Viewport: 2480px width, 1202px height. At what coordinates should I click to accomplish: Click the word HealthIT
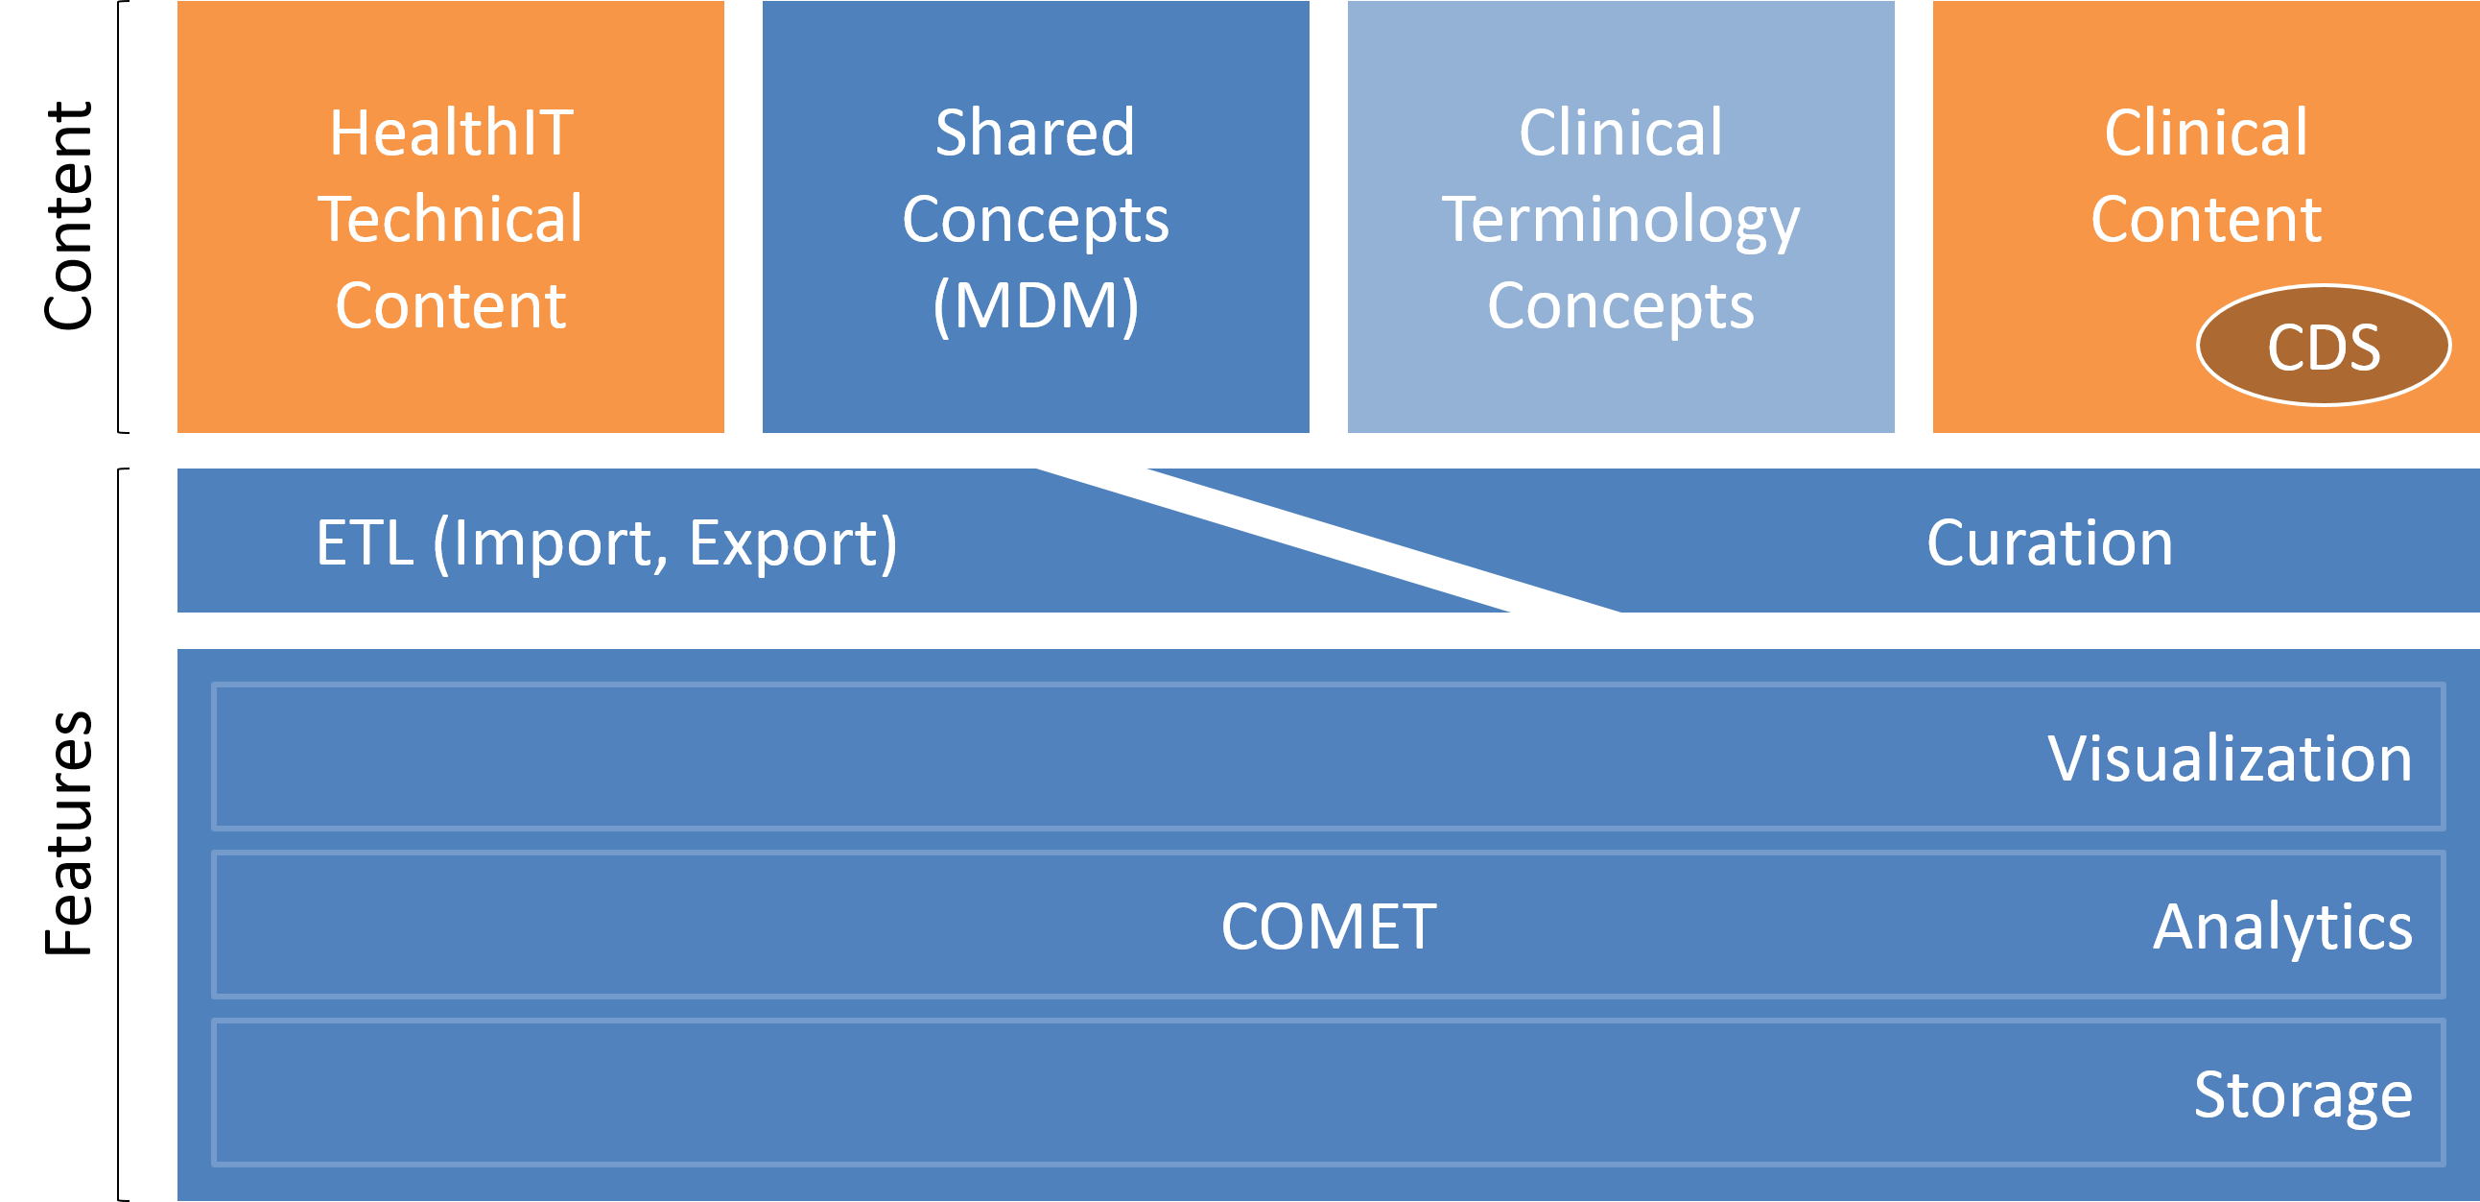[451, 132]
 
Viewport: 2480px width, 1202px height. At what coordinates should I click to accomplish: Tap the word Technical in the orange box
[451, 219]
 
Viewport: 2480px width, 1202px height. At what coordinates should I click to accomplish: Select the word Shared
[1035, 132]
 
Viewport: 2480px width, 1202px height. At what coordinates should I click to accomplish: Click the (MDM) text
[1035, 306]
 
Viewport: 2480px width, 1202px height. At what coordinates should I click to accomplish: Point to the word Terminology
[1620, 221]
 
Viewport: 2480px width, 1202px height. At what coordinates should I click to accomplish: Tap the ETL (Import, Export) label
[606, 543]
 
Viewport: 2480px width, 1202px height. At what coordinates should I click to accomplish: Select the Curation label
[2049, 543]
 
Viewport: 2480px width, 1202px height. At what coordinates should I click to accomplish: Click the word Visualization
[2229, 758]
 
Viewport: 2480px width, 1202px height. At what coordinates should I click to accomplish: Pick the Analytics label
[2281, 926]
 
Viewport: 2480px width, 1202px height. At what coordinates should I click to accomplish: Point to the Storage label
[2302, 1095]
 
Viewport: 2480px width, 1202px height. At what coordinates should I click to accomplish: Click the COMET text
[1329, 926]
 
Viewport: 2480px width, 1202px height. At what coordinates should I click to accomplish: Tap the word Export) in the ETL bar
[793, 543]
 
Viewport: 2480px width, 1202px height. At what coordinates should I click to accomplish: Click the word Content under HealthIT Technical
[451, 306]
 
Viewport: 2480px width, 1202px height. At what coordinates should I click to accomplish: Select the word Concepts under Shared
[1035, 221]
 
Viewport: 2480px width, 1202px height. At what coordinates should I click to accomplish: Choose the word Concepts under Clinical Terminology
[1620, 306]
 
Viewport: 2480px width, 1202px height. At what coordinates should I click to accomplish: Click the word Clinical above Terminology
[1620, 132]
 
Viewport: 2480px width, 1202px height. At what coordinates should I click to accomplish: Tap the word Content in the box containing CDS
[2206, 219]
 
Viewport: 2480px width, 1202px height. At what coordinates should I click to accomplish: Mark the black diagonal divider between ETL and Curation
[1329, 541]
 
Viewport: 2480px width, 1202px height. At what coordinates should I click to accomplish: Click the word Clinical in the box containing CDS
[2206, 132]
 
